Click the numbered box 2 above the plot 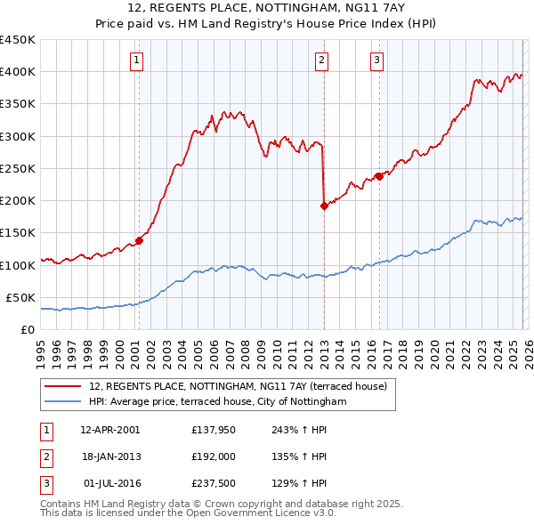[321, 61]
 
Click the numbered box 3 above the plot [376, 61]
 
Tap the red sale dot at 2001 [139, 240]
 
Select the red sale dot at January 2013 [323, 206]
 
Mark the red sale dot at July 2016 [378, 176]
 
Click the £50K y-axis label [21, 297]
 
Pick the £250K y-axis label [18, 168]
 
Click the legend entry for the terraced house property [238, 387]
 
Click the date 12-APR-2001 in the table [109, 430]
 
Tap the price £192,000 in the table [211, 456]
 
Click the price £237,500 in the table [211, 483]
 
